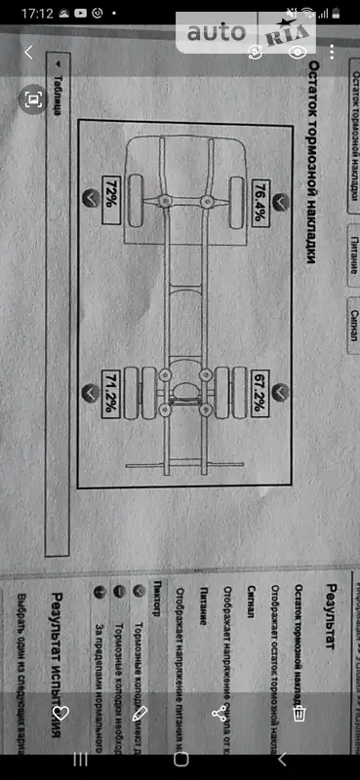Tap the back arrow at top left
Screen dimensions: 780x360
30,53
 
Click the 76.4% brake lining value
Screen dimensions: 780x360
262,203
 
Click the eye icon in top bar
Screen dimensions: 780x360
299,53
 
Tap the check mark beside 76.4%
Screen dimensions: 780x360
281,203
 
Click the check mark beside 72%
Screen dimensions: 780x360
91,198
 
